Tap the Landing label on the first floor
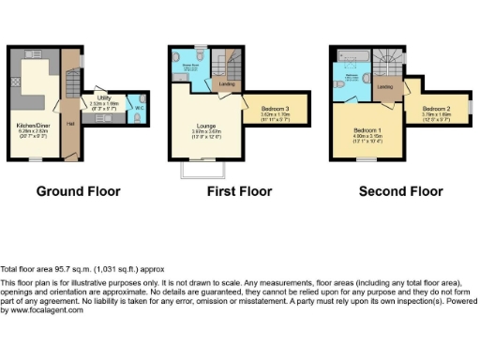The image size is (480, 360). [x=227, y=85]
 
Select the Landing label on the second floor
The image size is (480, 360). [x=385, y=87]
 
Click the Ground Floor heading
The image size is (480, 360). [x=78, y=191]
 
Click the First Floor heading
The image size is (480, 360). [x=240, y=191]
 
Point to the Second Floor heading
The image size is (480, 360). [x=400, y=191]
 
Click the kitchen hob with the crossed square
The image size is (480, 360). [x=16, y=82]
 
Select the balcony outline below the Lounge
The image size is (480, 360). [x=202, y=170]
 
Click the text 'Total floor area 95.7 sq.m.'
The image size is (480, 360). [x=56, y=268]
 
